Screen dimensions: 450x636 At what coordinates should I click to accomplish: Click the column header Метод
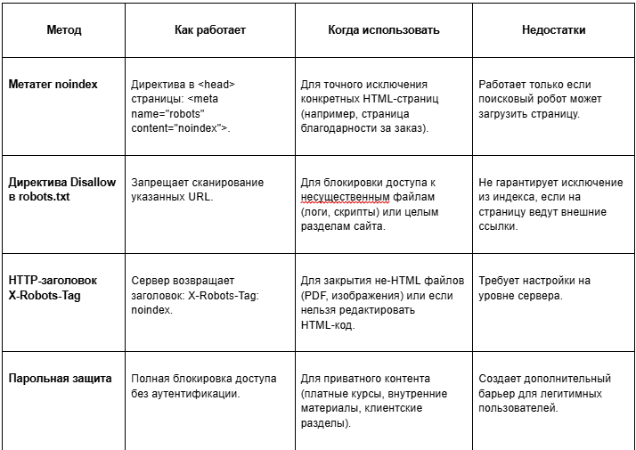pyautogui.click(x=63, y=29)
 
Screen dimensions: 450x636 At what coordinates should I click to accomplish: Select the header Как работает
pyautogui.click(x=209, y=29)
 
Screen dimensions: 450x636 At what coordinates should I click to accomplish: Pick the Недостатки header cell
pyautogui.click(x=553, y=29)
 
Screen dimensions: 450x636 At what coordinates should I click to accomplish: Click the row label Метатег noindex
pyautogui.click(x=53, y=85)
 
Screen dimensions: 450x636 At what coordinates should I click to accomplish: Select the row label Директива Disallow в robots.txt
pyautogui.click(x=61, y=189)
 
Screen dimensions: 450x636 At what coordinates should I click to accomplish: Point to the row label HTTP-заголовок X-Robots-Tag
pyautogui.click(x=53, y=287)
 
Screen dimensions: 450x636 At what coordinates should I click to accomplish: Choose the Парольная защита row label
pyautogui.click(x=60, y=379)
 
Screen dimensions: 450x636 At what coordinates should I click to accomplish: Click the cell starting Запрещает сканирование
pyautogui.click(x=197, y=189)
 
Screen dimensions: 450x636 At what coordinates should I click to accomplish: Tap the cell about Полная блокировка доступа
pyautogui.click(x=203, y=386)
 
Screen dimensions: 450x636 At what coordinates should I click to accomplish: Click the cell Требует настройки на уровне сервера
pyautogui.click(x=534, y=287)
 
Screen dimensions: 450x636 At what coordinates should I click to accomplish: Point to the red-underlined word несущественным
pyautogui.click(x=347, y=197)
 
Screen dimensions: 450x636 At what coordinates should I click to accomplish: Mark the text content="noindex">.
pyautogui.click(x=181, y=128)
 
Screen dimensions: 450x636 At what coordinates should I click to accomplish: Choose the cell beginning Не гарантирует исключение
pyautogui.click(x=550, y=204)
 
